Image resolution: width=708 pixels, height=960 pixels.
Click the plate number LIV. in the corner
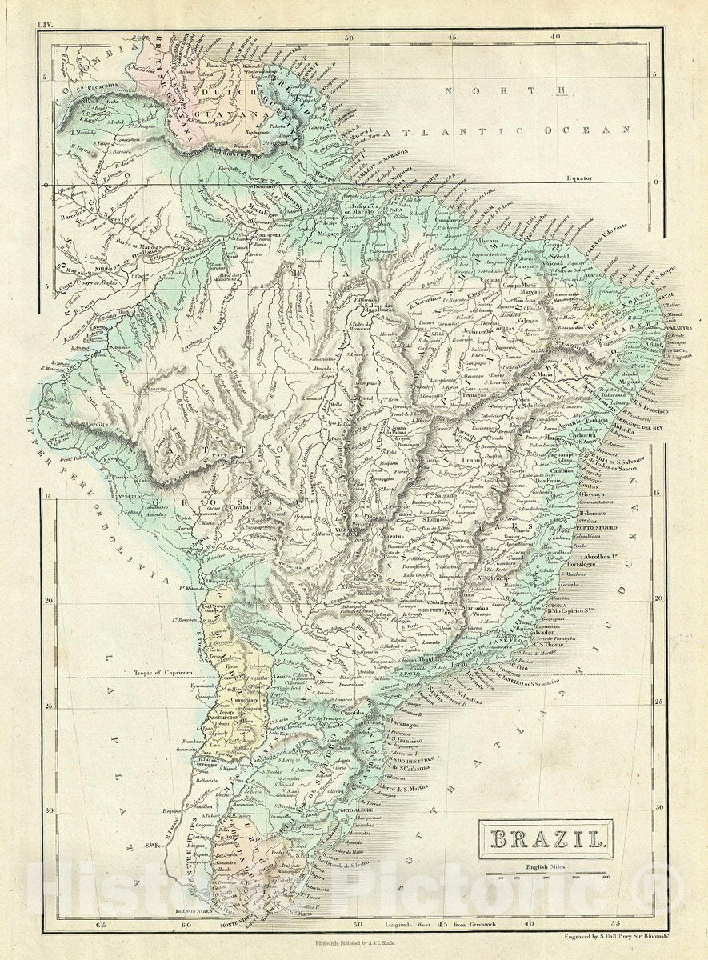pos(45,25)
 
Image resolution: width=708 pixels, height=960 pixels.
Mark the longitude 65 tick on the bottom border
pos(100,925)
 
